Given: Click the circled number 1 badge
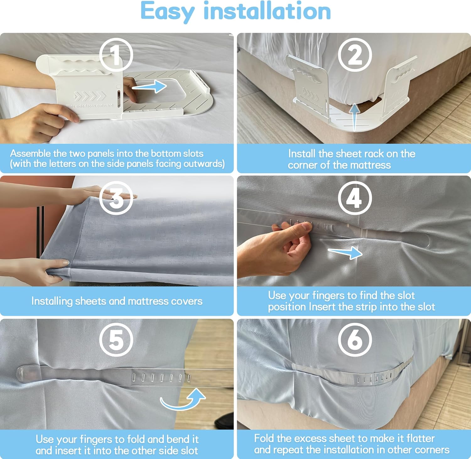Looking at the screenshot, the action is pos(116,55).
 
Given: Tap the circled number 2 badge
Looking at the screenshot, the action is pos(355,55).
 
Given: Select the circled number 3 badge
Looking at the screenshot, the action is pos(116,198).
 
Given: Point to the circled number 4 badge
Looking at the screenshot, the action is pos(355,198).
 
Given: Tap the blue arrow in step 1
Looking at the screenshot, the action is pos(149,86).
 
